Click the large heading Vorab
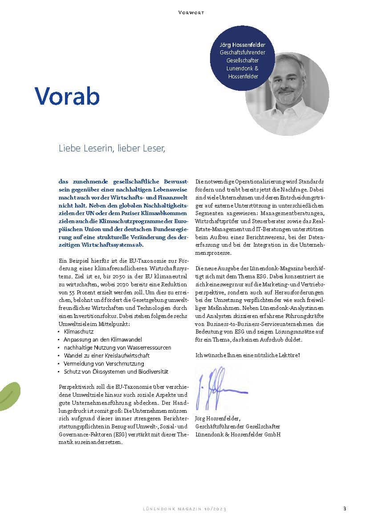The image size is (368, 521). tap(67, 95)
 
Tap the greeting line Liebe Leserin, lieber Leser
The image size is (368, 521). tap(112, 148)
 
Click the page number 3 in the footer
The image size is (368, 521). tap(344, 508)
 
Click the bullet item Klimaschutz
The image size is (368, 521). tap(79, 332)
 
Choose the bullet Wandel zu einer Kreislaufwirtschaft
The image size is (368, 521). tap(106, 355)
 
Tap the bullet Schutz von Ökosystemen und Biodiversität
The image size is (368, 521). tap(116, 371)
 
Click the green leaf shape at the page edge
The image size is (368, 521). tap(9, 395)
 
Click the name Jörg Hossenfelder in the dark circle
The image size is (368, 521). tap(242, 45)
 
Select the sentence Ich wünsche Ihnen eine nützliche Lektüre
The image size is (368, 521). tap(247, 355)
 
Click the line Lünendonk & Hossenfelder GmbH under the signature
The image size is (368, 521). tap(238, 434)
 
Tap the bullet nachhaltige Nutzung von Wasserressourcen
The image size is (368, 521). tap(117, 347)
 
